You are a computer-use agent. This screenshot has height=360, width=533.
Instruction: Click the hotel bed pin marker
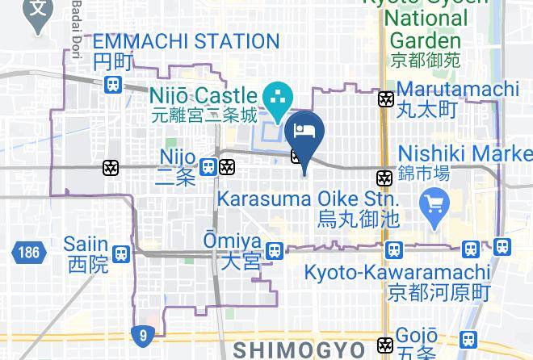coord(304,134)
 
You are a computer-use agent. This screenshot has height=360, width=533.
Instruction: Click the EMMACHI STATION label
coord(186,41)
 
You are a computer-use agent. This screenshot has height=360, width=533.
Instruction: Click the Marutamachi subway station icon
coord(386,99)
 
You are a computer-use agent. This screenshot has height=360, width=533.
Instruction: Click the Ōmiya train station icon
coord(275,250)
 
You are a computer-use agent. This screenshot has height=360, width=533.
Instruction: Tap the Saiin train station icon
coord(121,253)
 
